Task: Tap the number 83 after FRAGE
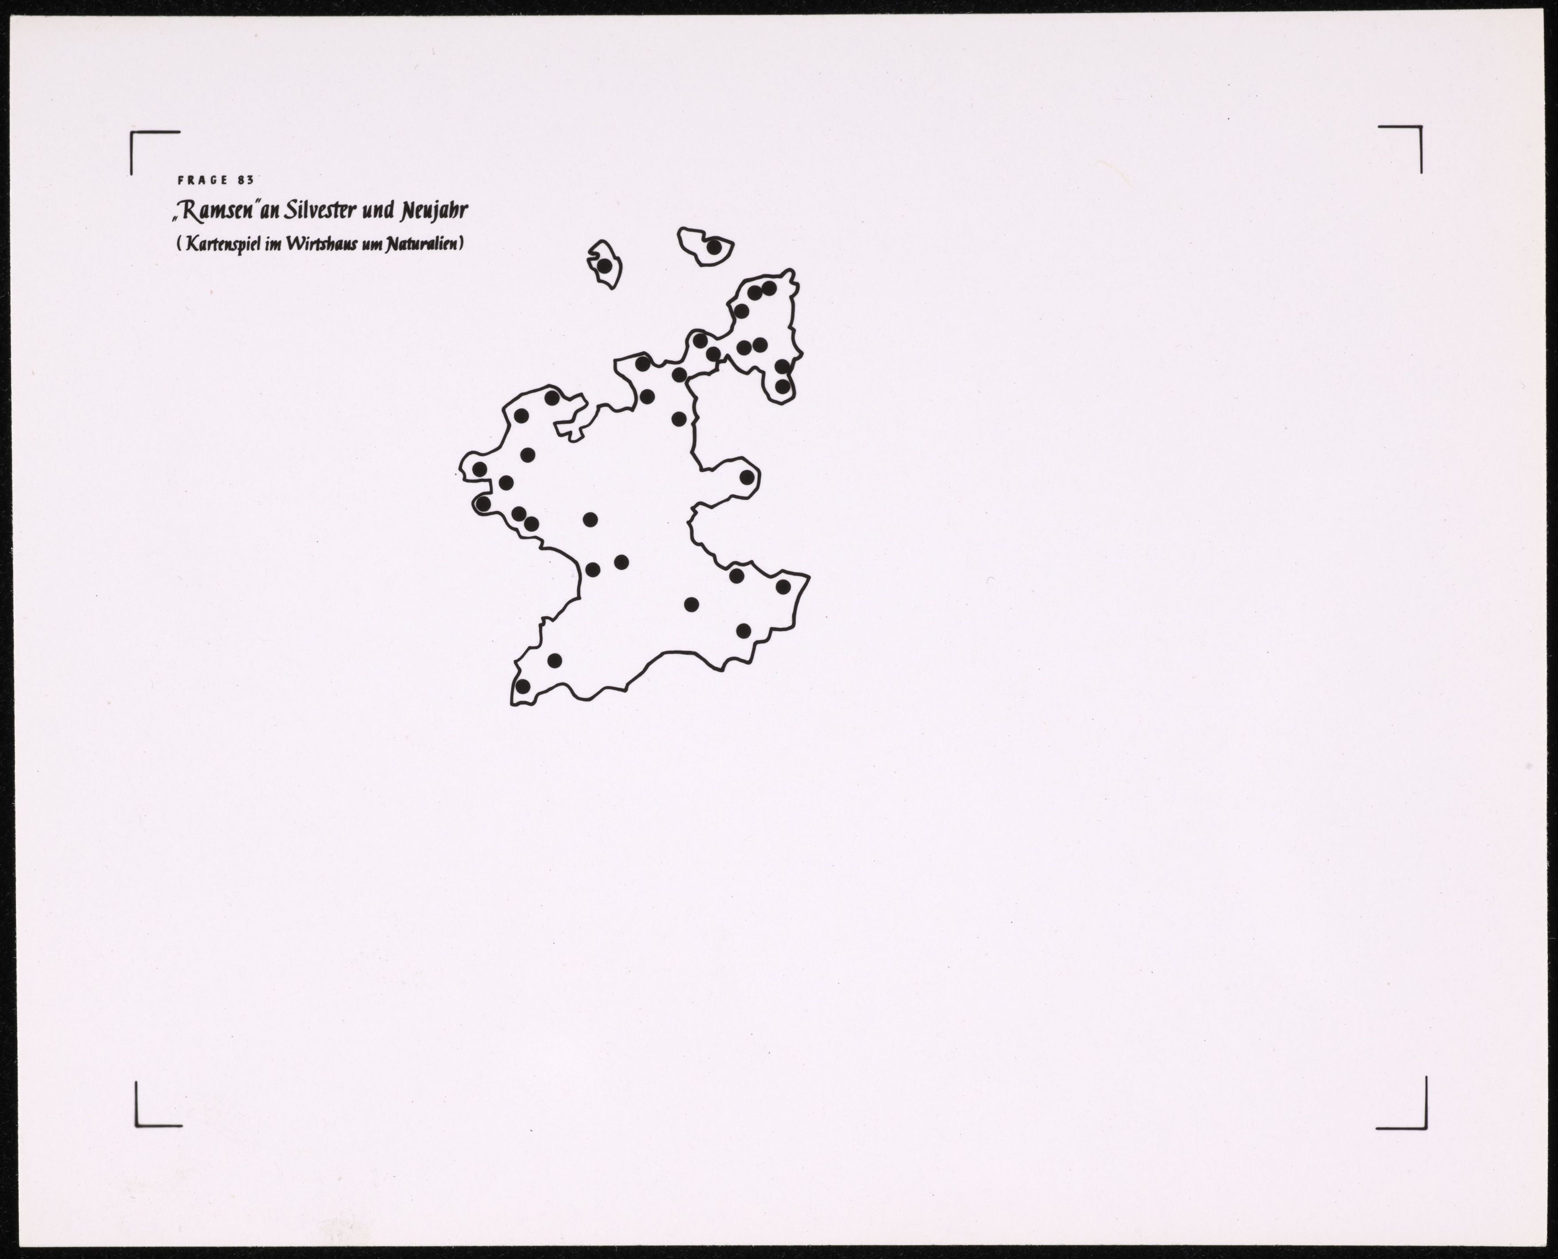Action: pyautogui.click(x=245, y=181)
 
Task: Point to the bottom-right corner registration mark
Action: pyautogui.click(x=1425, y=1128)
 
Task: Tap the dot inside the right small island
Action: pyautogui.click(x=714, y=247)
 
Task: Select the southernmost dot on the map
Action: pyautogui.click(x=522, y=685)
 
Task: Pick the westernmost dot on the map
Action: pyautogui.click(x=479, y=469)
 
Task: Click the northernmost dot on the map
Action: pyautogui.click(x=714, y=247)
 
